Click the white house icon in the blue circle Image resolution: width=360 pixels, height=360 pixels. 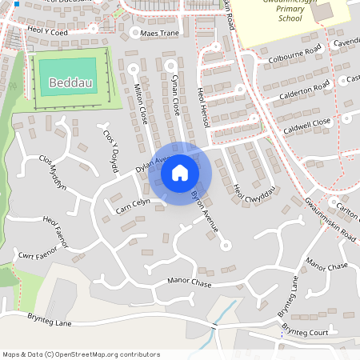click(x=180, y=173)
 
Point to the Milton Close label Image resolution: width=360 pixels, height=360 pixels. click(x=142, y=103)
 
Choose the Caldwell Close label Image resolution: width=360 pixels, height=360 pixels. click(x=305, y=122)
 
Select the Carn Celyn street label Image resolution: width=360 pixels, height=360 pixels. click(x=132, y=206)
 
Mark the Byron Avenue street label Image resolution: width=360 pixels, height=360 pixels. click(x=205, y=211)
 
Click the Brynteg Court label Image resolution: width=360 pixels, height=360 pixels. click(x=306, y=331)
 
